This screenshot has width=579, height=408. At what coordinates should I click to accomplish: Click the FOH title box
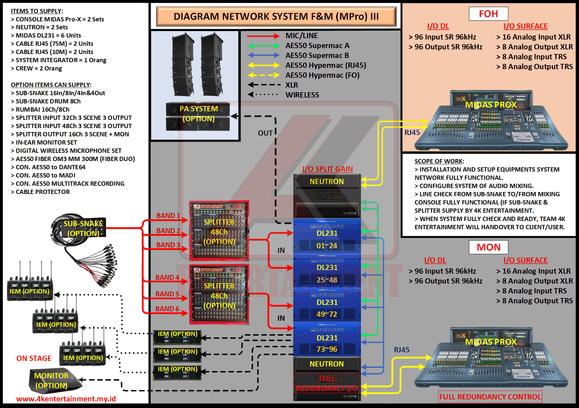(488, 14)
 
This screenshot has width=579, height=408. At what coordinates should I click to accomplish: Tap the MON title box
(488, 247)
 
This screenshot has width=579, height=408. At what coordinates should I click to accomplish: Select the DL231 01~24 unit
(327, 239)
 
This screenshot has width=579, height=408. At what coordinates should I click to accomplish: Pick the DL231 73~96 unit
(327, 343)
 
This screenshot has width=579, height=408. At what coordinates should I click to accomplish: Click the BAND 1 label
(168, 216)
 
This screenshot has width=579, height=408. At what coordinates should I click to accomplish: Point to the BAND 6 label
(167, 309)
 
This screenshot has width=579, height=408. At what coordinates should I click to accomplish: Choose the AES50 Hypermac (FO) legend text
(322, 75)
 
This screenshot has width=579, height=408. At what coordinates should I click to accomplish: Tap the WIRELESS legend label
(302, 95)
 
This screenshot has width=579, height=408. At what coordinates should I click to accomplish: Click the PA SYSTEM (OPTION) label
(199, 114)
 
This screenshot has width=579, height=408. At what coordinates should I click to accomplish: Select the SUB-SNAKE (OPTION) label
(83, 229)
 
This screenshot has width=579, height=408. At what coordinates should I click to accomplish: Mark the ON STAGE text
(34, 358)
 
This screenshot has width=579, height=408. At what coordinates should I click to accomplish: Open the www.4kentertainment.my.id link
(66, 399)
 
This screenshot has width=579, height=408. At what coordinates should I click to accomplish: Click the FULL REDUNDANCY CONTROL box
(490, 397)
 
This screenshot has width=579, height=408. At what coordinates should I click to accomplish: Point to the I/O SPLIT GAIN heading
(327, 169)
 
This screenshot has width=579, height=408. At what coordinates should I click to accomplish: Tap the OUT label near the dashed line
(265, 133)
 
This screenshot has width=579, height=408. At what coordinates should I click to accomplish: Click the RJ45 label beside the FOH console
(412, 132)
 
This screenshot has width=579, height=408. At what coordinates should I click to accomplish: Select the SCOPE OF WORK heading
(439, 161)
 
